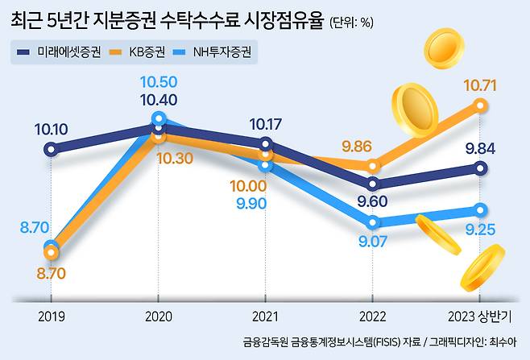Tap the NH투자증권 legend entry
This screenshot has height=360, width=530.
221,55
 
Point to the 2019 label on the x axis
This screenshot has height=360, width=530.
52,316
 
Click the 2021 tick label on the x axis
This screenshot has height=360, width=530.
266,316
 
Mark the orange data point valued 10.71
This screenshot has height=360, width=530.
480,105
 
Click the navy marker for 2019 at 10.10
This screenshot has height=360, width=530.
52,149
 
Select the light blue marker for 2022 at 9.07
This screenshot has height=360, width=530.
372,222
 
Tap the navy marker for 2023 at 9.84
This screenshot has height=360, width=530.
480,168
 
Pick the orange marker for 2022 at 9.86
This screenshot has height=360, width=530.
372,166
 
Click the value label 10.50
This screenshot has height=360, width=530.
158,82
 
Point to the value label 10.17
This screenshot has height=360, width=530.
267,125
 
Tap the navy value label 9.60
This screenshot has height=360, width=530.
371,202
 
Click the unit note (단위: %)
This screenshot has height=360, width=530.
351,23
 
